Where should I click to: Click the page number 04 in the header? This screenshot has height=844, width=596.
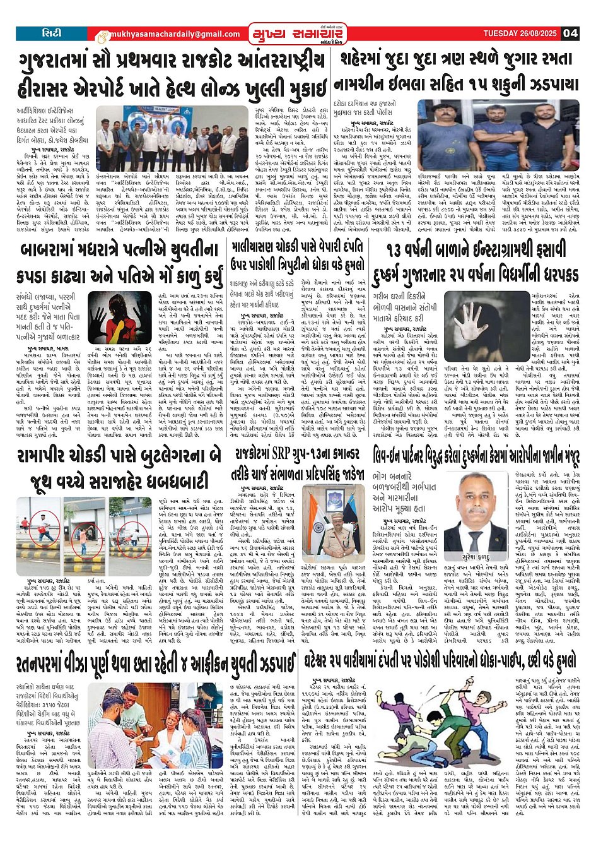pos(571,33)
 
